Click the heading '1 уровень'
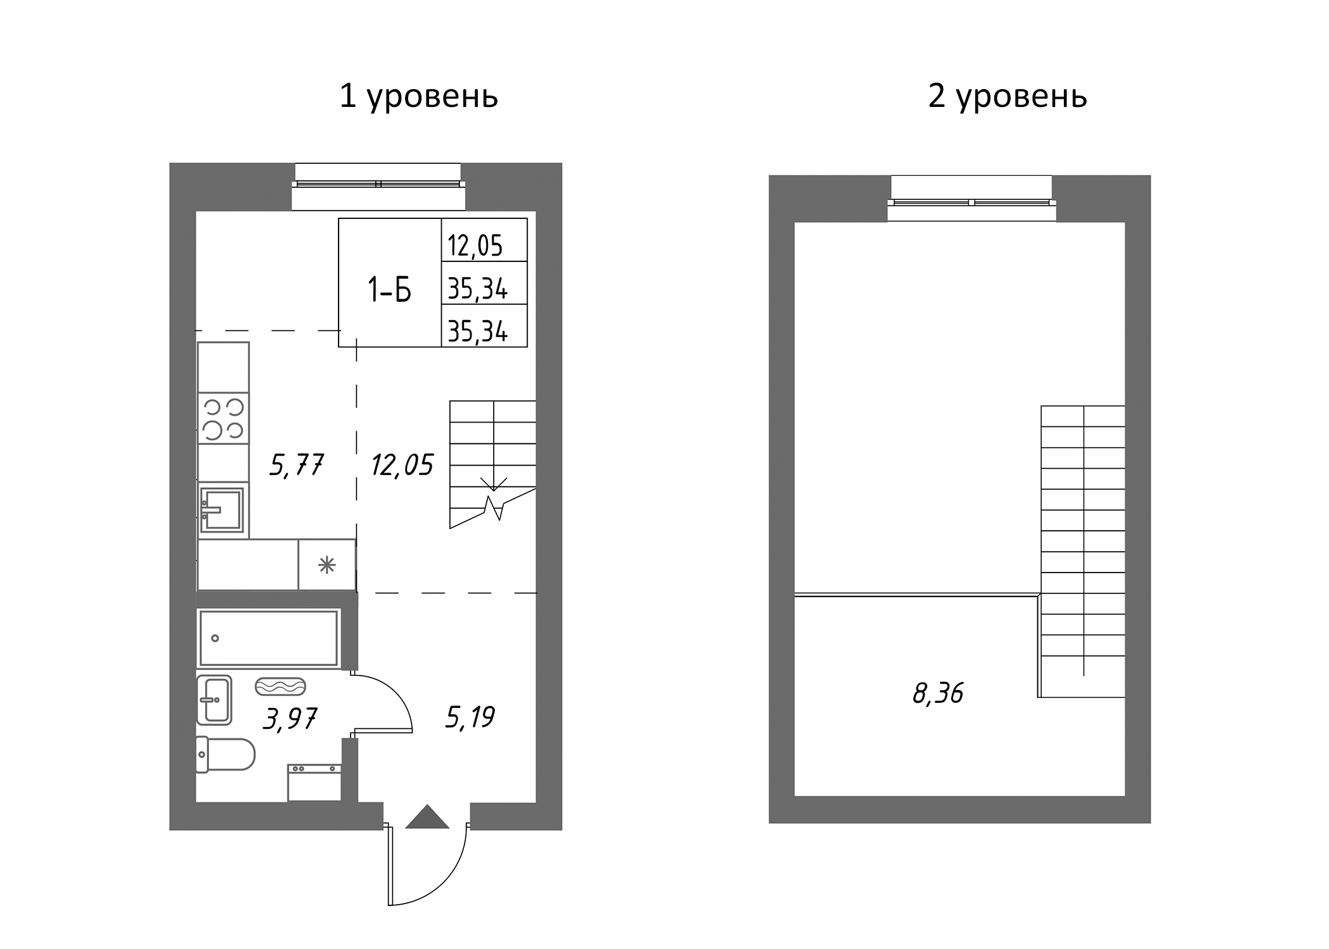pos(418,97)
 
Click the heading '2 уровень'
pos(1008,97)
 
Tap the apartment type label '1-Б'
pos(389,290)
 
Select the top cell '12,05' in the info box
pos(475,245)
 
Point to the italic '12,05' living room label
pos(402,465)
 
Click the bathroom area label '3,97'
pos(289,719)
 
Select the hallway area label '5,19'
pos(469,717)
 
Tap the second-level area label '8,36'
pos(937,693)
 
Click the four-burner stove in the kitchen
pos(223,418)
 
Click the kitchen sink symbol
pos(221,509)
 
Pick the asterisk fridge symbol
pos(327,564)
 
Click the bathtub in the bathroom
pos(269,638)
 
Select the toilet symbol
pos(225,755)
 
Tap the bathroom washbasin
pos(214,699)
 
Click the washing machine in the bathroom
pos(315,783)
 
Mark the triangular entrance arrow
pos(427,817)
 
